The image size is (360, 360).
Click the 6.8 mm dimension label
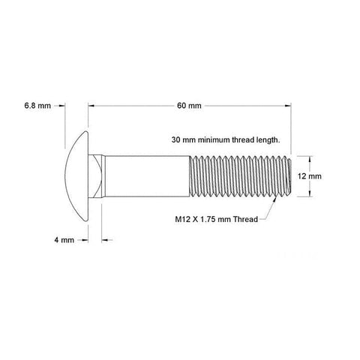[x=37, y=106]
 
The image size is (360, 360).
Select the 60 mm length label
[x=189, y=106]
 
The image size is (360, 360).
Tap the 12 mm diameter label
[x=310, y=176]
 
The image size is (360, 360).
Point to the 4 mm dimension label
[x=64, y=240]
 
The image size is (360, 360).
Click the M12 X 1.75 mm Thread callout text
[x=217, y=219]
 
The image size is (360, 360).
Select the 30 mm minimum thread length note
[x=226, y=139]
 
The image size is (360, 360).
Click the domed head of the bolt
[x=76, y=176]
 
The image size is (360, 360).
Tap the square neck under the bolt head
[x=95, y=176]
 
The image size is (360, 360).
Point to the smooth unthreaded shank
[x=147, y=176]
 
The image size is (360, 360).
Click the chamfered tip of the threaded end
[x=289, y=176]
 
